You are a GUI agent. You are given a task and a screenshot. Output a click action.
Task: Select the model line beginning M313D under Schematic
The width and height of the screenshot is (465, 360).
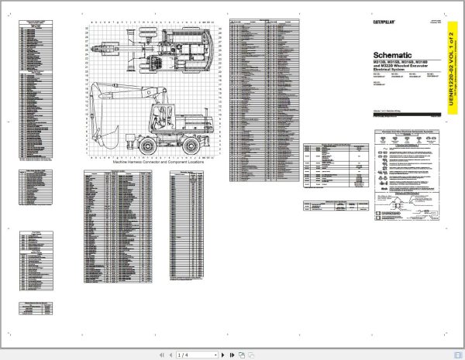tap(400, 67)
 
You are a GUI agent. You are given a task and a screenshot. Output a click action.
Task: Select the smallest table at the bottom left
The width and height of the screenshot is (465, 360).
tap(38, 307)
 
